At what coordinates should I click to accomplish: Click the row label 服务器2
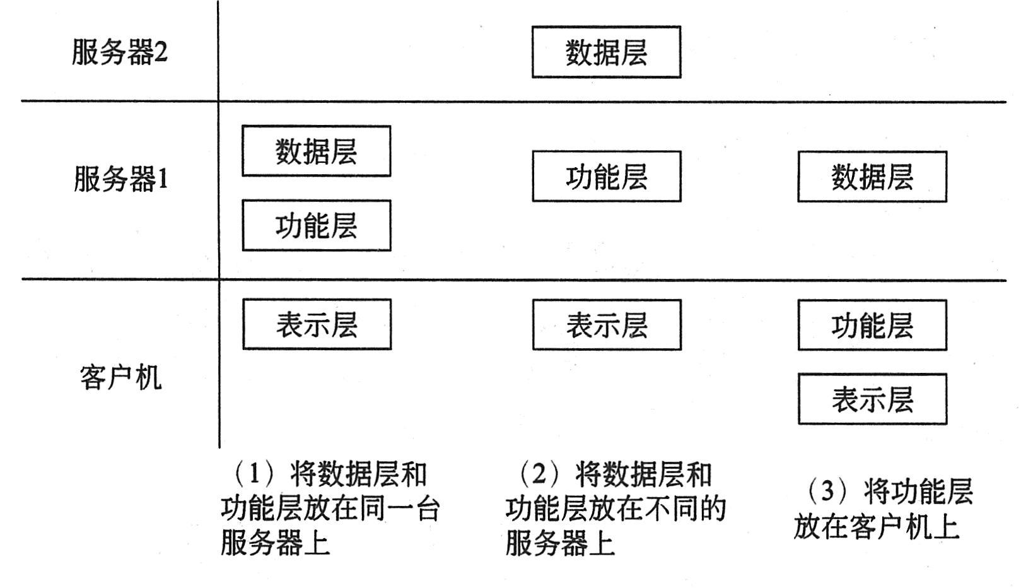tap(119, 52)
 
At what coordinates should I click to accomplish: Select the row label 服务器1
tap(120, 179)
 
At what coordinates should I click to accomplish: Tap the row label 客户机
tap(120, 377)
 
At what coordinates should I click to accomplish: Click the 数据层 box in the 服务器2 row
tap(606, 52)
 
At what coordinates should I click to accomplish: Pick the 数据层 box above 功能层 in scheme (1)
tap(316, 151)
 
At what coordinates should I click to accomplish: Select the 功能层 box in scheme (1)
tap(316, 226)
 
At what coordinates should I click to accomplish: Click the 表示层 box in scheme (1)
tap(317, 325)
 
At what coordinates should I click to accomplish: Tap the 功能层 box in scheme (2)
tap(606, 177)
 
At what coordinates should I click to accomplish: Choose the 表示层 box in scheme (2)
tap(606, 325)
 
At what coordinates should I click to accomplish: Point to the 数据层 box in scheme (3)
tap(872, 177)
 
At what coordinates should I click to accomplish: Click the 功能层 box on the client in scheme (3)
tap(872, 326)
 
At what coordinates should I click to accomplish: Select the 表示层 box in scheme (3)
tap(872, 399)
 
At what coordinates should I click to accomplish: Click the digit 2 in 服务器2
tap(161, 52)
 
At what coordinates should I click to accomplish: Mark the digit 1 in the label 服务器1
tap(162, 180)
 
